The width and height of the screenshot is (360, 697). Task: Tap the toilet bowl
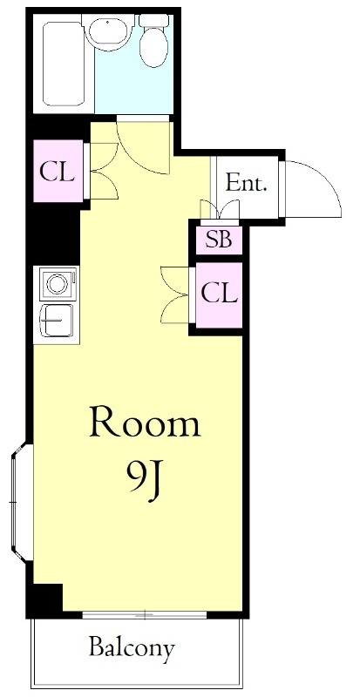[154, 48]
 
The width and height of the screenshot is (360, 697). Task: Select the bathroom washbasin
[109, 30]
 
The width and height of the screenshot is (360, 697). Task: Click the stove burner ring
[58, 284]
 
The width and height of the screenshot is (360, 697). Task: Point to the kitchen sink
[58, 321]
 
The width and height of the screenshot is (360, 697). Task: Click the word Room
[145, 422]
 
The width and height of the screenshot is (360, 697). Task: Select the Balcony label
[132, 649]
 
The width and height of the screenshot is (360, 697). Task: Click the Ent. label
[246, 183]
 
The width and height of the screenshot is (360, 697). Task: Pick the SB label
[219, 240]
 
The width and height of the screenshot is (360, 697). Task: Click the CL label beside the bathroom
[57, 172]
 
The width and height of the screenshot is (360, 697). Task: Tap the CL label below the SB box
[219, 294]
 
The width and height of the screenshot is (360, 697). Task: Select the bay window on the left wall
[21, 502]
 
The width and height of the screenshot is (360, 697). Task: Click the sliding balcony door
[145, 615]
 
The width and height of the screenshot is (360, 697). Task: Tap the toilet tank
[154, 20]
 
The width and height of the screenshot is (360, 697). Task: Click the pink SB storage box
[219, 240]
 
